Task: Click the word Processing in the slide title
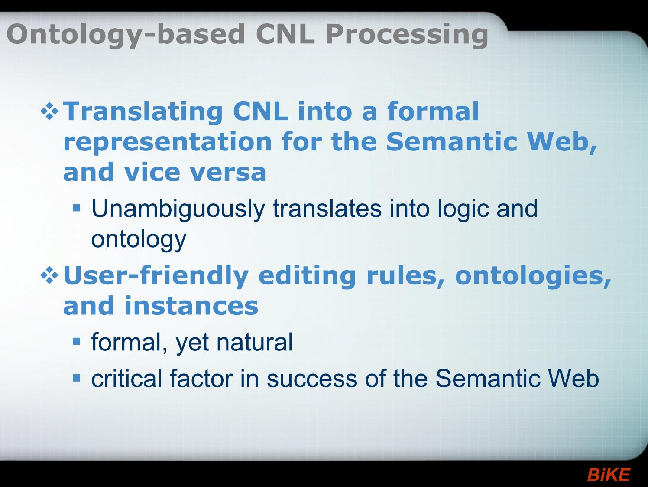tap(407, 35)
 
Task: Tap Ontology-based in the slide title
tap(126, 35)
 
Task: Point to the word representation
tap(167, 142)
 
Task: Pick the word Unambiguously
tap(178, 209)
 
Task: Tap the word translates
tap(327, 208)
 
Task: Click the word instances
tap(191, 306)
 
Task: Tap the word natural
tap(254, 342)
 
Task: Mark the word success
tap(312, 379)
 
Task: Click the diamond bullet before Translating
tap(50, 111)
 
